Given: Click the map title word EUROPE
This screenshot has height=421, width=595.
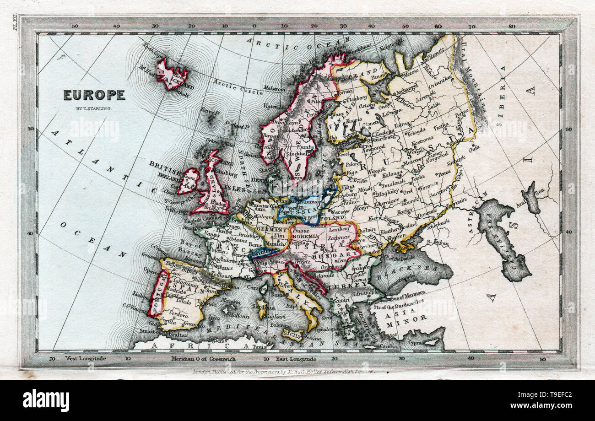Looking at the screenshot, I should pyautogui.click(x=94, y=95).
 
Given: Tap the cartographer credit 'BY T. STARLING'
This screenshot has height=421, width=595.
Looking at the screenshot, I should pyautogui.click(x=94, y=108).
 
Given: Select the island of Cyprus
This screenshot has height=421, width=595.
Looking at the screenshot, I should pyautogui.click(x=430, y=342).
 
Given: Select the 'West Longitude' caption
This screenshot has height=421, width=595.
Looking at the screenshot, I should pyautogui.click(x=86, y=359).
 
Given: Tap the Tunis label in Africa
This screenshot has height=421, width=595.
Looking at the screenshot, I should pyautogui.click(x=259, y=347).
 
